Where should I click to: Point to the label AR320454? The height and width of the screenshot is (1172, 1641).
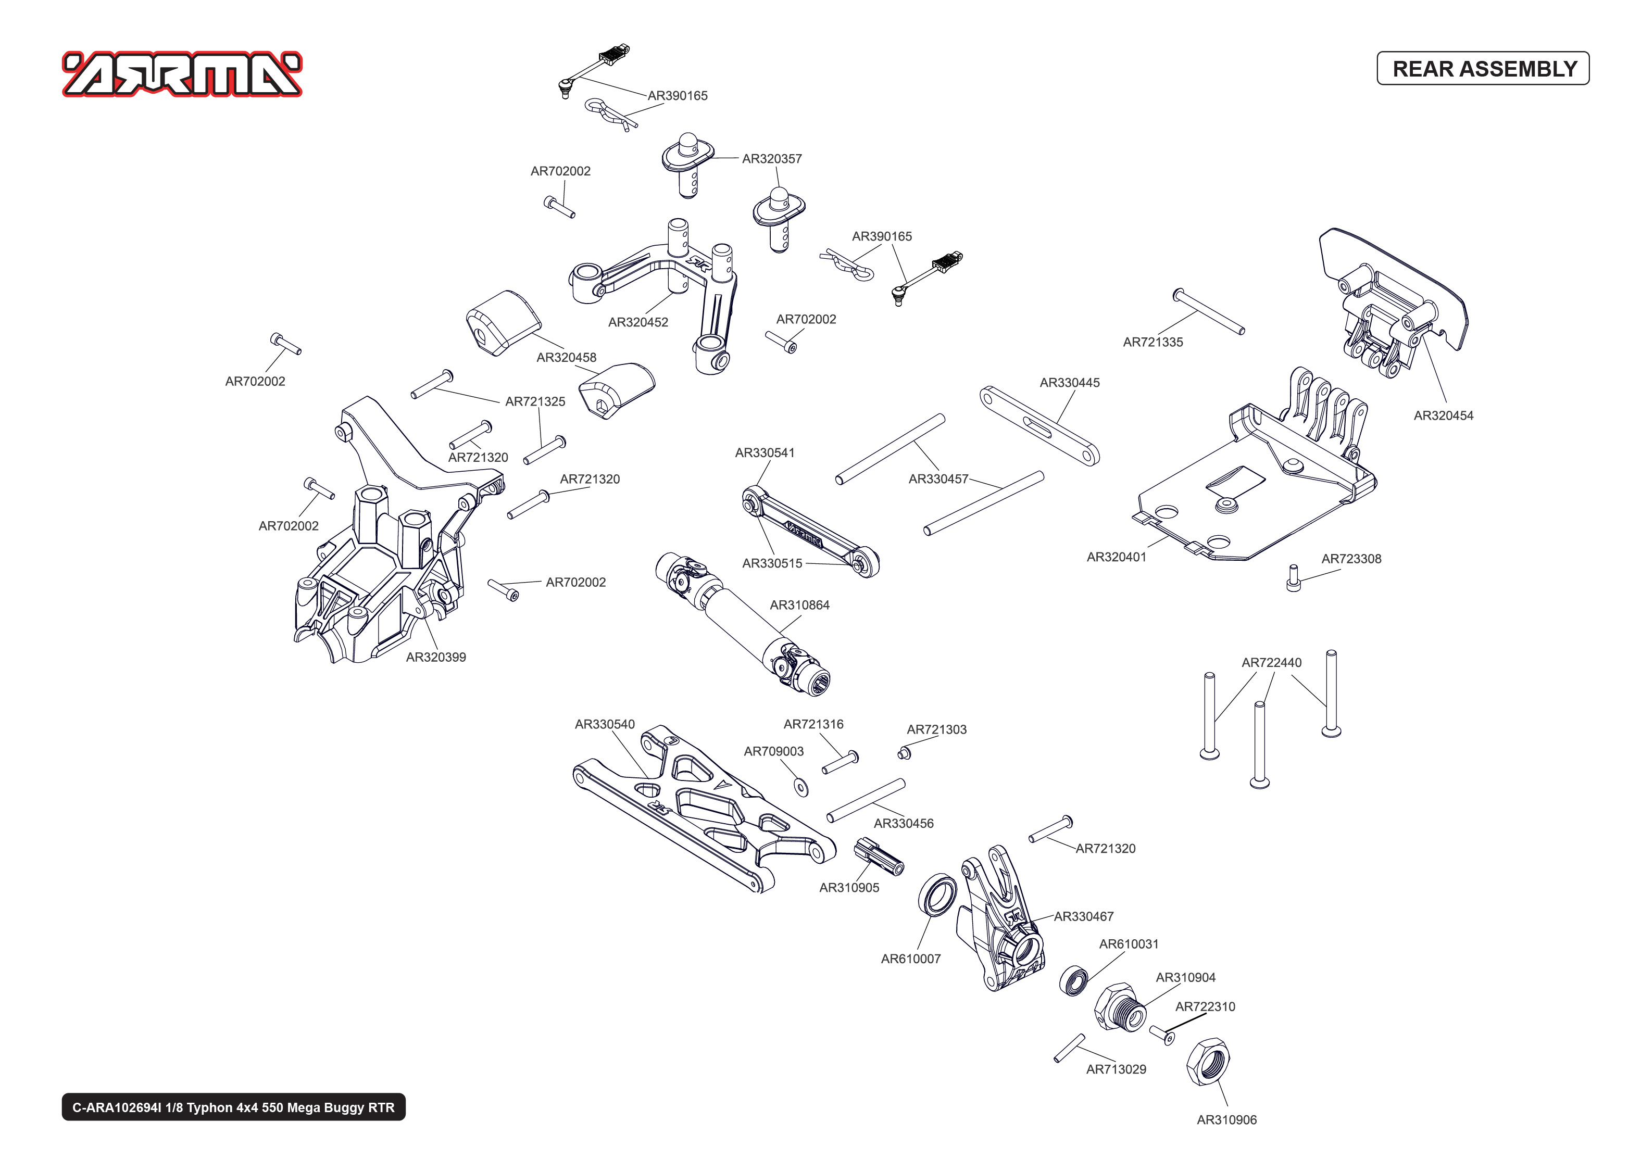coord(1443,415)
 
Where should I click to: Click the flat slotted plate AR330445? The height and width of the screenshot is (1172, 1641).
coord(1038,426)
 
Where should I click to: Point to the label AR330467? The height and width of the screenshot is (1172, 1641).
coord(1083,916)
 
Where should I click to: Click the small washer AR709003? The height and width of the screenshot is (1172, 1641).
coord(800,787)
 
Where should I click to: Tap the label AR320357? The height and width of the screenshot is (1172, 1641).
coord(771,159)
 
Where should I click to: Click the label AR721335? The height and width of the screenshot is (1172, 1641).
coord(1153,342)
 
